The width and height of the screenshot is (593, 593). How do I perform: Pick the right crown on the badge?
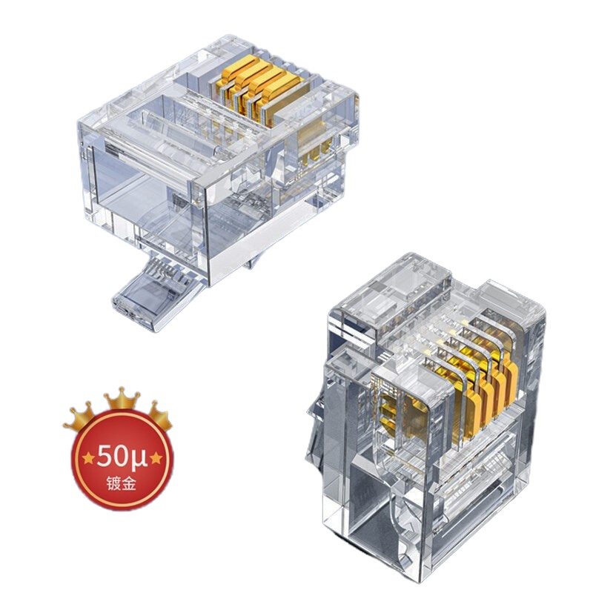[x=159, y=417]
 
